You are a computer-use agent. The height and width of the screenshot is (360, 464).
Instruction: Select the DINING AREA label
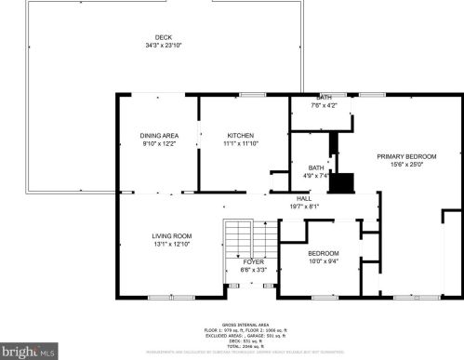159,136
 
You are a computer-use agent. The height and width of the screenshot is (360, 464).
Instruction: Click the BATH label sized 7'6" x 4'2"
324,98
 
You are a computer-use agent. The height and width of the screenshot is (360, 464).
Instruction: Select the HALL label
304,198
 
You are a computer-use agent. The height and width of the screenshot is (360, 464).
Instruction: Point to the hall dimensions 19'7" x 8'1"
304,207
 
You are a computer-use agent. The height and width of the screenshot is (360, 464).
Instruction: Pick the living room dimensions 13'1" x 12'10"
171,244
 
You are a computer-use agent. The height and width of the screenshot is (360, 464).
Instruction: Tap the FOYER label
254,262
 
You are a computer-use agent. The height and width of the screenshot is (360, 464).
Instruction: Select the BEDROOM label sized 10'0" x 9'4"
324,253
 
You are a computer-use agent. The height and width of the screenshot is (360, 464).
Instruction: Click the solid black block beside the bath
344,182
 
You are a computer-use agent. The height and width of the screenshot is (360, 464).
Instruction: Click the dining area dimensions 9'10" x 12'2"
159,144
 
